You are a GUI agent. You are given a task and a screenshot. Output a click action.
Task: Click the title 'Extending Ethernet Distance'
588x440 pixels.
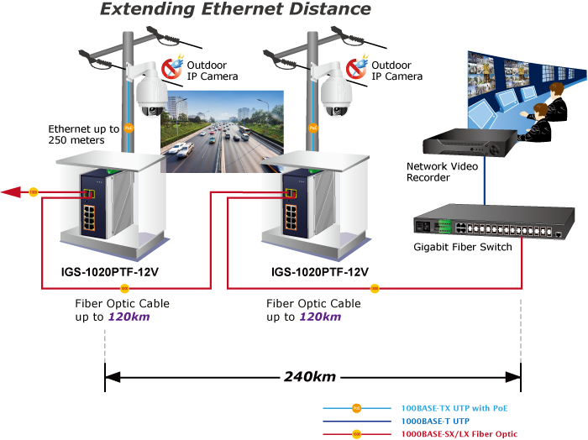(235, 9)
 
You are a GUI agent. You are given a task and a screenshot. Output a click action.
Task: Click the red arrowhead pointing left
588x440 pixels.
(11, 192)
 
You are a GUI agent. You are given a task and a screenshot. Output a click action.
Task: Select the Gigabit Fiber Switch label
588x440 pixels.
(462, 247)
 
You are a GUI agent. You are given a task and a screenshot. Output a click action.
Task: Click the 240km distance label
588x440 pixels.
(310, 377)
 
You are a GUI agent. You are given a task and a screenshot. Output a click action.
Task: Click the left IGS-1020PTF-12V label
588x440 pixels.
(109, 272)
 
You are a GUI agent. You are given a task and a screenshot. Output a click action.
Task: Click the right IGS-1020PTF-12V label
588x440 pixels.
(320, 272)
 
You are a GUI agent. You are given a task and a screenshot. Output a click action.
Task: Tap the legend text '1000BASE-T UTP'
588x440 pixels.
(435, 421)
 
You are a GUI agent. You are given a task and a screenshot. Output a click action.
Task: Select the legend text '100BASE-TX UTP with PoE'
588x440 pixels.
(454, 408)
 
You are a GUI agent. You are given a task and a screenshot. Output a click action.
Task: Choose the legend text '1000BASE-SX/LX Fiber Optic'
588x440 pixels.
(459, 434)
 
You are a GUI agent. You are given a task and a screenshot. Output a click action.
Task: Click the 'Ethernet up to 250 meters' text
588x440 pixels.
(84, 134)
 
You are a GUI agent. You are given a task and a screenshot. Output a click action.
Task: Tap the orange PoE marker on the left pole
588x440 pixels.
(129, 128)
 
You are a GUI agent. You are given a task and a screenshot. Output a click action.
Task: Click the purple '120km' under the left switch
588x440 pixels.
(129, 317)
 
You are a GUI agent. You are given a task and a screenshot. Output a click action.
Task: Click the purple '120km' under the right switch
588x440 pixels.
(320, 317)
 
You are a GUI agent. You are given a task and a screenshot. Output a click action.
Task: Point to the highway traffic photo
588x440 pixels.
(222, 131)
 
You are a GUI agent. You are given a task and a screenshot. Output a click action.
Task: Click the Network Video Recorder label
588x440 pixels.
(442, 171)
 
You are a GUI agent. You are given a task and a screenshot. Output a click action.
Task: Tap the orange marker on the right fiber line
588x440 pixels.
(375, 288)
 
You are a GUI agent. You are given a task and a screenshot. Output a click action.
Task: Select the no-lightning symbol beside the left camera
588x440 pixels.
(171, 67)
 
